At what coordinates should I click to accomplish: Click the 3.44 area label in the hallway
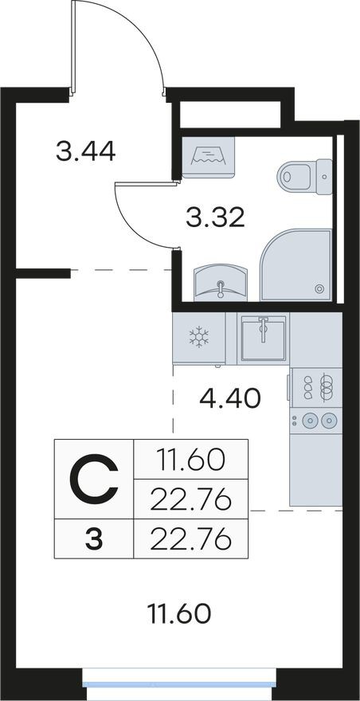point(86,151)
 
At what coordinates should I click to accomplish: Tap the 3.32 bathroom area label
point(215,217)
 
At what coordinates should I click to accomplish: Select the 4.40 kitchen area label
point(230,398)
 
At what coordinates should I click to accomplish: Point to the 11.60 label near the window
point(179,614)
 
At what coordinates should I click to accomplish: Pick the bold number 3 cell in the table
point(94,539)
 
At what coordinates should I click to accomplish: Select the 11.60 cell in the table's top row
point(191,460)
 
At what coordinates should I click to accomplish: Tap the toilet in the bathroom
point(304,176)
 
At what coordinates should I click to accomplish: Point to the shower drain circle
point(319,289)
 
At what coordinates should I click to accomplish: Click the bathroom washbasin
point(221,283)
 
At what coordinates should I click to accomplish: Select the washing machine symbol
point(208,158)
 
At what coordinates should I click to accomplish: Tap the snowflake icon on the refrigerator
point(199,337)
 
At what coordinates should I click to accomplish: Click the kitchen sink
point(264,338)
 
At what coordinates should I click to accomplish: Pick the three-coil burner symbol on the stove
point(327,387)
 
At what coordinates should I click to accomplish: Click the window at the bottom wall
point(179,684)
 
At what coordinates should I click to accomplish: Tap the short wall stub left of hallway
point(43,273)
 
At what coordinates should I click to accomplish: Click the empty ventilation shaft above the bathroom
point(230,115)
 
